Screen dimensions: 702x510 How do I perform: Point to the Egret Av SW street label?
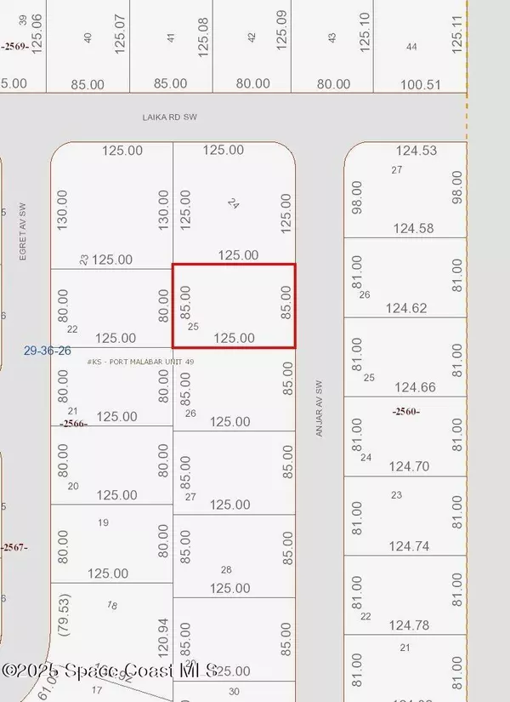25,230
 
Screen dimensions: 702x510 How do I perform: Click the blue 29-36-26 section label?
48,350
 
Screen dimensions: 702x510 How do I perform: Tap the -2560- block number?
405,412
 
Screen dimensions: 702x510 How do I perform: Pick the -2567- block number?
14,547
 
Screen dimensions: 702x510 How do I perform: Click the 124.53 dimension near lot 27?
416,151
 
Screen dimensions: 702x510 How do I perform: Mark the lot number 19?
104,522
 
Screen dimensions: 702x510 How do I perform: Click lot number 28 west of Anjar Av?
226,569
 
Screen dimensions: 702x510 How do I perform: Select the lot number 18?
111,605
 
